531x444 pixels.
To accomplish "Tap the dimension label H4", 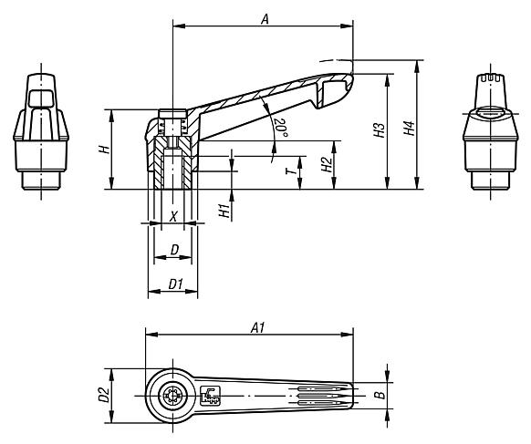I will tap(410, 129).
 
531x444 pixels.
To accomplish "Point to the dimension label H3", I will tap(379, 131).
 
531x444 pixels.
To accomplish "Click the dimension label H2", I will tap(326, 164).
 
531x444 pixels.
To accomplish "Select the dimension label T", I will tap(289, 170).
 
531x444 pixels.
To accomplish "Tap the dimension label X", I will tap(173, 216).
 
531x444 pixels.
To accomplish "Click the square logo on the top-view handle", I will tap(209, 395).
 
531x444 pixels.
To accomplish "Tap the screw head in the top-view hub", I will tap(171, 395).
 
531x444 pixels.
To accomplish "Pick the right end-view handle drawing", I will tap(492, 128).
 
